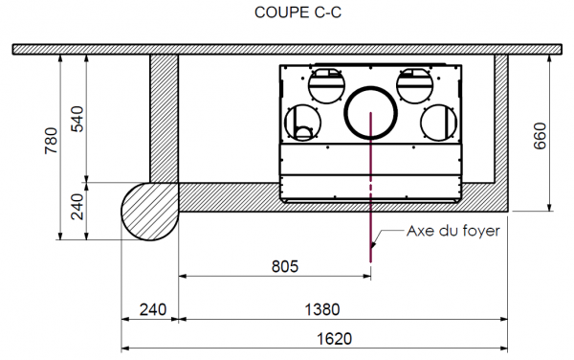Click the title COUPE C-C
[298, 12]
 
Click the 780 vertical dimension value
[51, 141]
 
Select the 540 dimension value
[77, 119]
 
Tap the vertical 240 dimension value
[77, 207]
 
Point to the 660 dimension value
[540, 136]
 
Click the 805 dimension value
[285, 266]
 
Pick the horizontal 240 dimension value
[153, 310]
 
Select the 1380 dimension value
[322, 310]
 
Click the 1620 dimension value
[334, 339]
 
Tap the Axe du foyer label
[453, 231]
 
